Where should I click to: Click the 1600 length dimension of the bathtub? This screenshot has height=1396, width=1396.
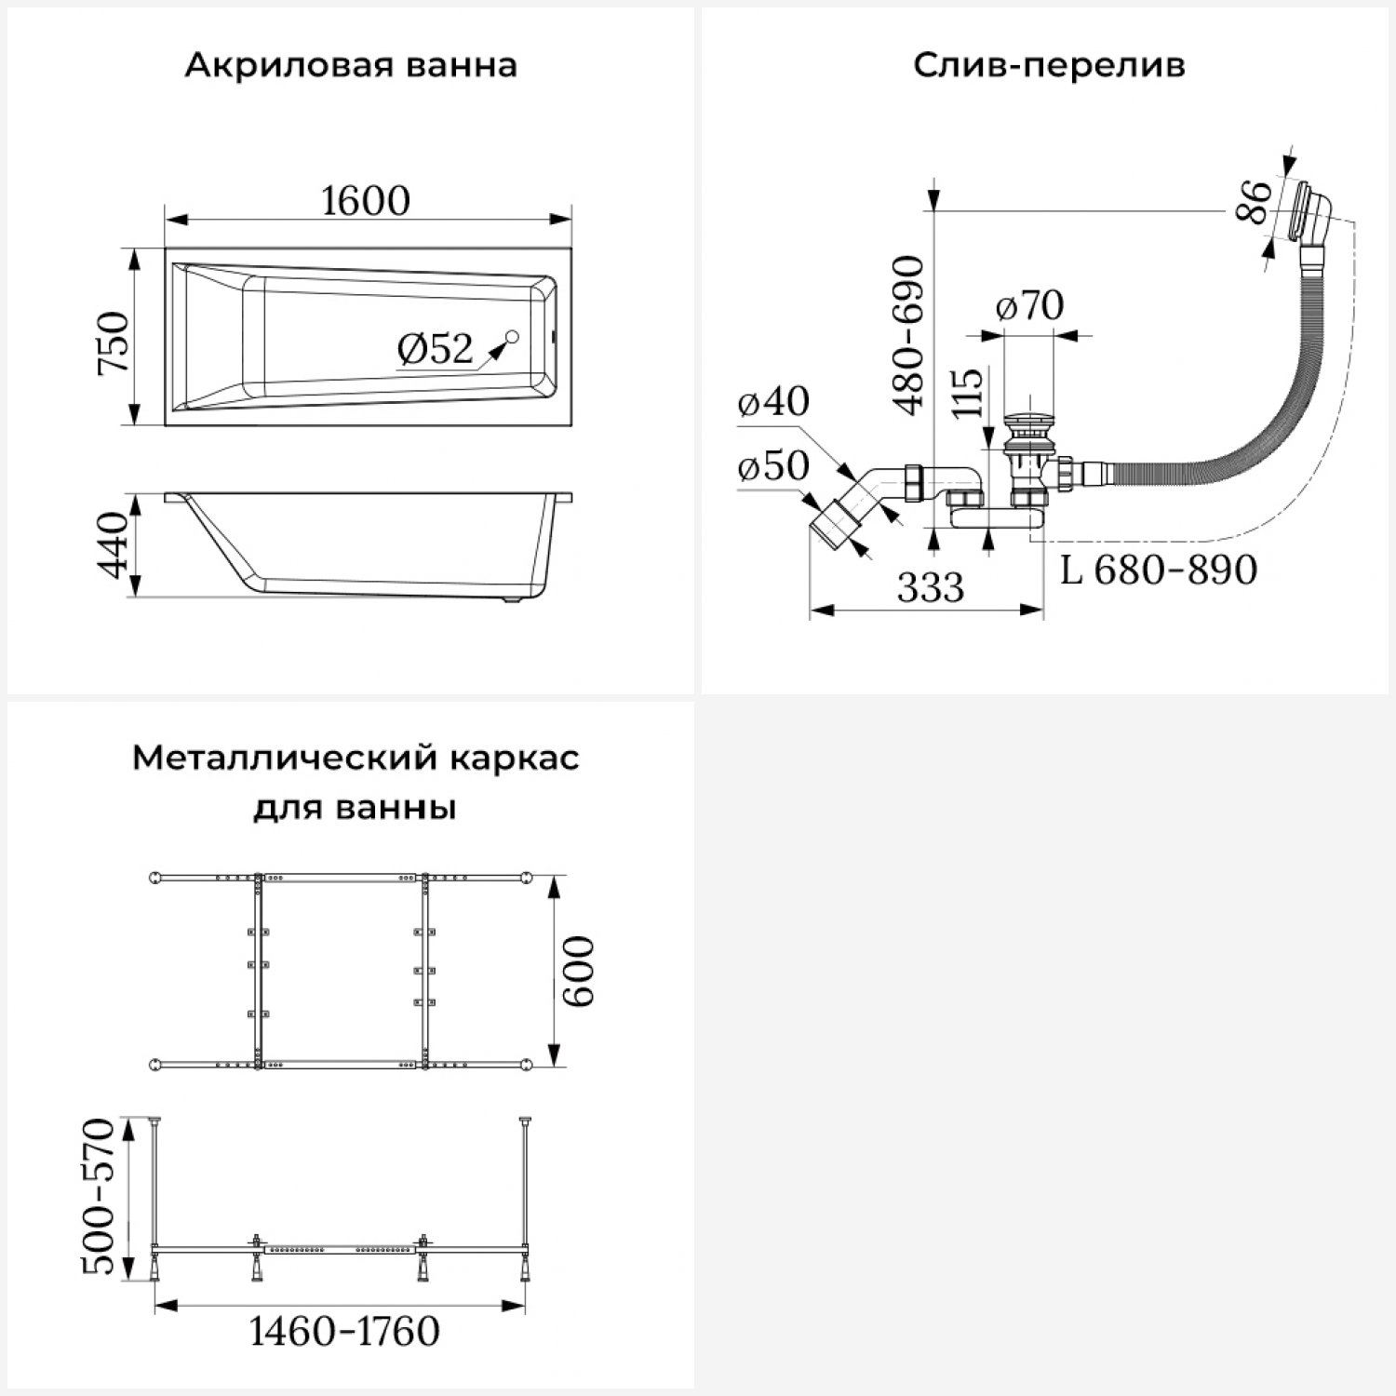tap(366, 201)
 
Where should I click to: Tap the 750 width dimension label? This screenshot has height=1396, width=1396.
tap(114, 342)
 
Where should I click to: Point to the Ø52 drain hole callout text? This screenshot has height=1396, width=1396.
tap(435, 349)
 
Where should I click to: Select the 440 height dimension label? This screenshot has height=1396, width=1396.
tap(114, 544)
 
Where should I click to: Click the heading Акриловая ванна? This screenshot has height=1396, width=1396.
tap(351, 66)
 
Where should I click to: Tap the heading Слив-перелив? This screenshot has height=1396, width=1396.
tap(1049, 66)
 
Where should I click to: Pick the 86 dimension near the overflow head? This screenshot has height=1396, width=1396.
tap(1253, 202)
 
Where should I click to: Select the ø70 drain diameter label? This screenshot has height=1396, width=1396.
tap(1029, 305)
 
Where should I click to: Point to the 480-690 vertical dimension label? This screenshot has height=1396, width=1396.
tap(908, 335)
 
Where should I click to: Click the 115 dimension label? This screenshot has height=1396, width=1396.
tap(968, 393)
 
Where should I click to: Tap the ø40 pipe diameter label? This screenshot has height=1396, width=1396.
tap(773, 401)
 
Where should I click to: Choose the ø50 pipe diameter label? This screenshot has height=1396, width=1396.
tap(773, 465)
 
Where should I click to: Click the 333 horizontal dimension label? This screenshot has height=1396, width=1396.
tap(931, 588)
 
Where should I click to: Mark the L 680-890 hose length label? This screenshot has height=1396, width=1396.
tap(1159, 570)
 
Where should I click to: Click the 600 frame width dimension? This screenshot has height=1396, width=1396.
tap(578, 971)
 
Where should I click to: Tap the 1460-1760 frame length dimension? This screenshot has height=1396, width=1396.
tap(344, 1332)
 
